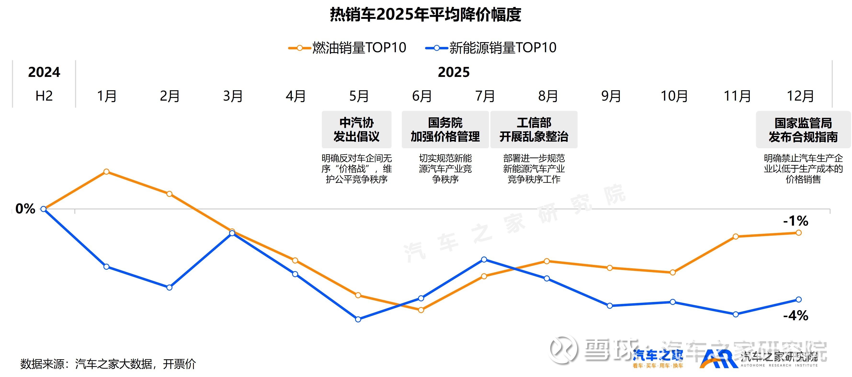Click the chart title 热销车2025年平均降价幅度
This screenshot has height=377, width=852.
tap(426, 15)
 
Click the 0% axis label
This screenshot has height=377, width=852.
tap(25, 209)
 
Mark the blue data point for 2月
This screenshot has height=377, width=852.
tap(169, 287)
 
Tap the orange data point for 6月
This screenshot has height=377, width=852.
tap(421, 310)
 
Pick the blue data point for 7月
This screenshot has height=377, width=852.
tap(484, 260)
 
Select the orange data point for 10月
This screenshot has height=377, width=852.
tap(673, 273)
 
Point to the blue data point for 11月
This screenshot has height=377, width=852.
tap(736, 314)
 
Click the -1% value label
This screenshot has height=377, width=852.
tap(795, 221)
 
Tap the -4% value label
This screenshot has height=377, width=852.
tap(795, 315)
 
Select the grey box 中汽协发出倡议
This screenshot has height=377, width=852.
tap(357, 130)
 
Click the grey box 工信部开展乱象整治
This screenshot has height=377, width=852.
tap(534, 130)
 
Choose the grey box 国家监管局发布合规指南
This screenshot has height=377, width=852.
tap(803, 130)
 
